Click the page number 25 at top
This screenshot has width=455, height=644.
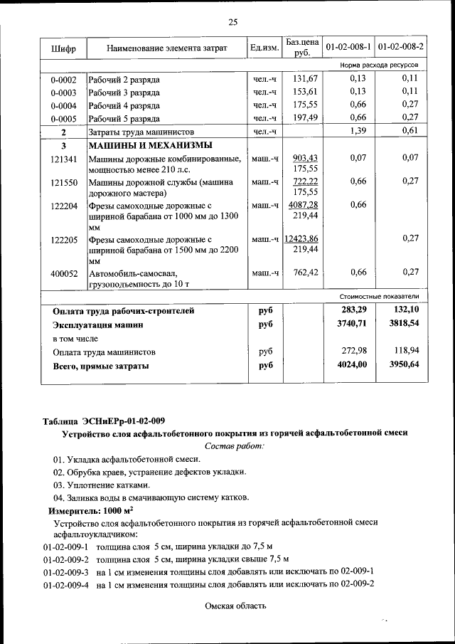point(232,22)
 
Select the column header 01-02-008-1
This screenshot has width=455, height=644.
point(348,48)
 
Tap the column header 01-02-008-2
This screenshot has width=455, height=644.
point(400,48)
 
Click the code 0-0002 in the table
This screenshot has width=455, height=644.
point(63,80)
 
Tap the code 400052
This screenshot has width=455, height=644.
point(63,273)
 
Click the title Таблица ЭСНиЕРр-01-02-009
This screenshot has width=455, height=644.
point(102,421)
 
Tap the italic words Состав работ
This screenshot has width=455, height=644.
point(234,445)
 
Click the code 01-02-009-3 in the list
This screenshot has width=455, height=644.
point(65,571)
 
